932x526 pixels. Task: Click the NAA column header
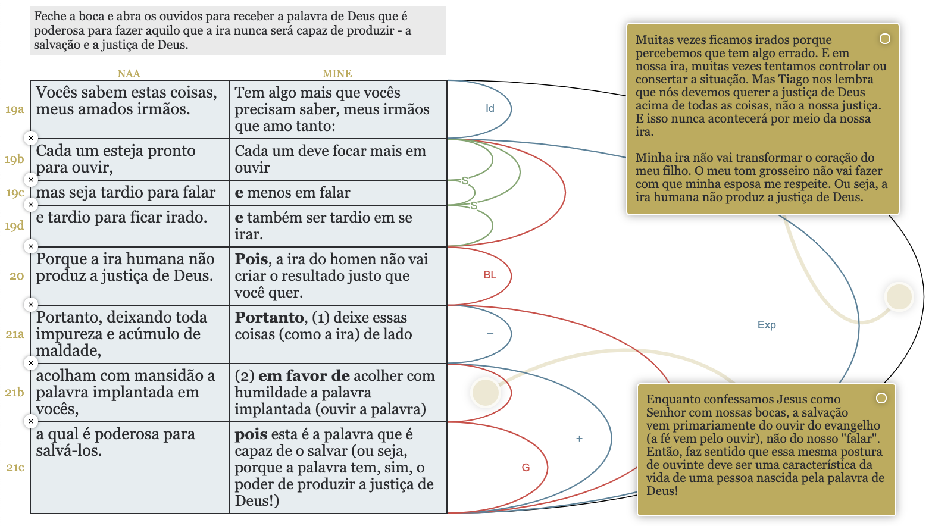[x=129, y=74]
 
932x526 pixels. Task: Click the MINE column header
[x=337, y=74]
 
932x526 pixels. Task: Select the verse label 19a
[x=14, y=109]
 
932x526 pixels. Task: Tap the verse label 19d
[x=14, y=226]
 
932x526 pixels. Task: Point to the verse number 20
[x=17, y=276]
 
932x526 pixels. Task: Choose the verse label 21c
[x=15, y=468]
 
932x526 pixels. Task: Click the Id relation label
[x=490, y=108]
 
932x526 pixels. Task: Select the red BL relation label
[x=490, y=275]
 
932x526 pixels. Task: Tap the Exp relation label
[x=767, y=325]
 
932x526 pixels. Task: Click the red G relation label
[x=526, y=468]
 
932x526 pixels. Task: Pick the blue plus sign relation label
[x=579, y=439]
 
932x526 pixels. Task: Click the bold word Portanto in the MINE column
[x=270, y=318]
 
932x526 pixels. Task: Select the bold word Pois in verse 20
[x=252, y=259]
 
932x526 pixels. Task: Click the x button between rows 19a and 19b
[x=31, y=138]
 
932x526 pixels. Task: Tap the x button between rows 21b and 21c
[x=31, y=421]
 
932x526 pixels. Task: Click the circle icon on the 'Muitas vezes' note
[x=885, y=39]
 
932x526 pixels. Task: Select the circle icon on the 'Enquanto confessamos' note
[x=881, y=398]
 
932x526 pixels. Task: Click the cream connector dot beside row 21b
[x=485, y=393]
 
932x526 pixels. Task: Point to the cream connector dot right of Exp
[x=899, y=296]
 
